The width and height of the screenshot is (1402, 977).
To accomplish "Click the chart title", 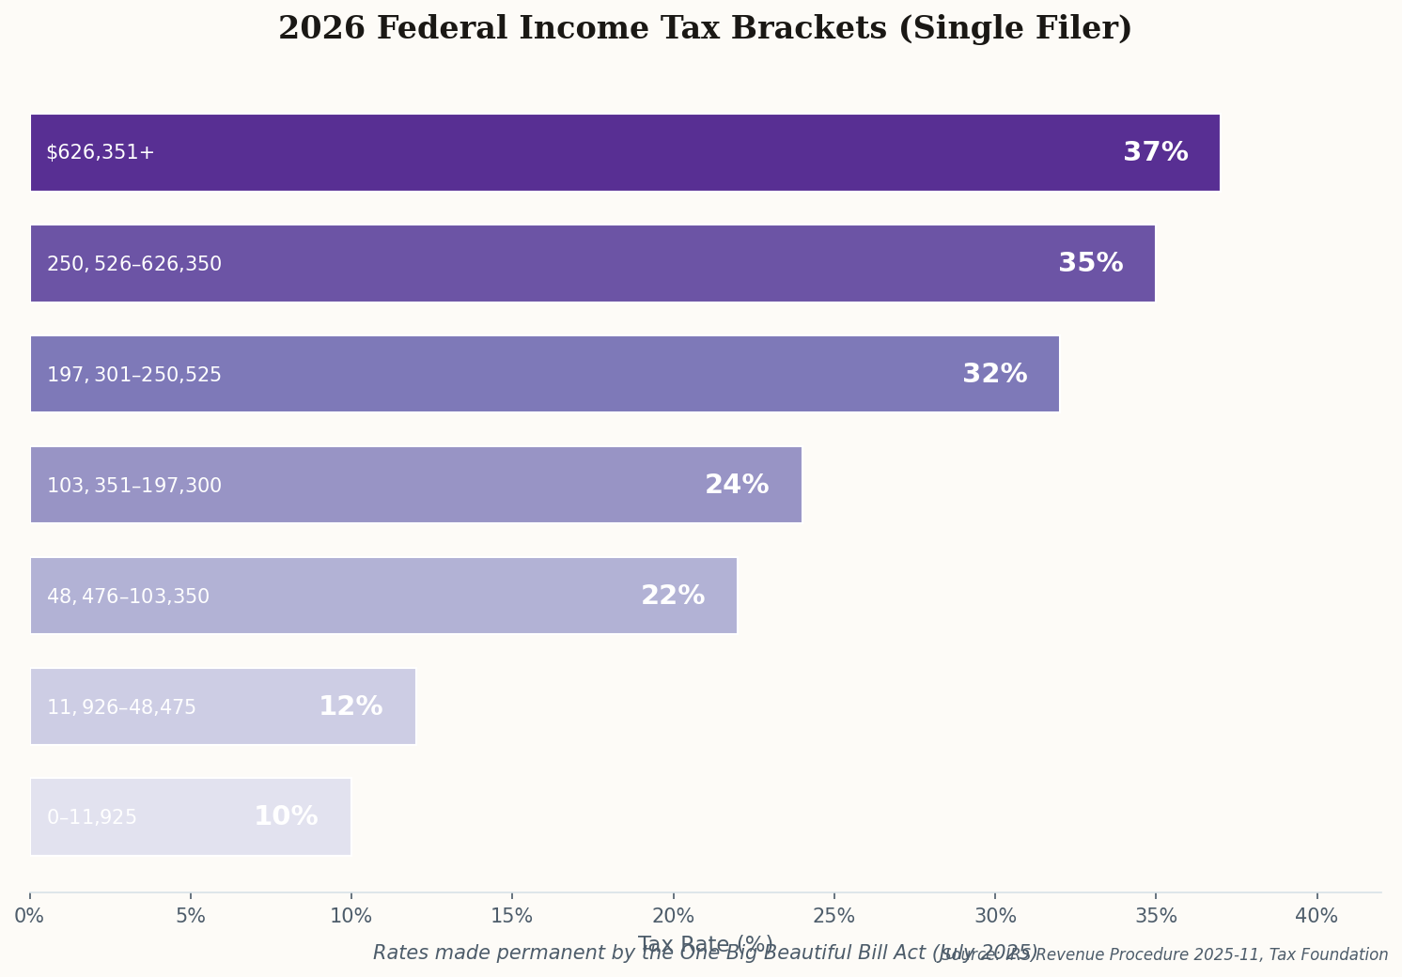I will [x=705, y=29].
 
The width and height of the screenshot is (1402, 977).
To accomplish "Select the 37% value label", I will [x=1155, y=152].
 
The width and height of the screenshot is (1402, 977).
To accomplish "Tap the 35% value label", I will [x=1090, y=263].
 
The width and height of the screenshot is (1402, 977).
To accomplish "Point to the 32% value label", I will [x=994, y=374].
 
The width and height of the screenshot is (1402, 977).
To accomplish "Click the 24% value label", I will [x=737, y=485].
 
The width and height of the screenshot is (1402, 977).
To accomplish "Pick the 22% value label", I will [x=672, y=596].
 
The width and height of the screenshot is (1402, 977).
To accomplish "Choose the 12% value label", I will [x=350, y=706].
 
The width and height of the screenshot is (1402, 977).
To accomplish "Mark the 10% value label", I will [x=286, y=817].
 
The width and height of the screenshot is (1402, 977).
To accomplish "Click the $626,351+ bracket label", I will [x=100, y=152].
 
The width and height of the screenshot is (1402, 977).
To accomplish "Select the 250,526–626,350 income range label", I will [x=134, y=264].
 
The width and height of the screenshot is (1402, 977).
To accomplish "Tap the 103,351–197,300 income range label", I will [x=134, y=486].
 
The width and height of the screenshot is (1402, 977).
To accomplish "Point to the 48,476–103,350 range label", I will [x=128, y=597].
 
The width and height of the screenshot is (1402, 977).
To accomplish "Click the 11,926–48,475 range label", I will [x=121, y=707].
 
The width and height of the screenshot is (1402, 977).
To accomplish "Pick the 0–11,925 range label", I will [x=92, y=818].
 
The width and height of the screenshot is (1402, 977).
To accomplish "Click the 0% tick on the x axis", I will [x=29, y=916].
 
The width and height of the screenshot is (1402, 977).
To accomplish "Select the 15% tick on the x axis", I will [x=512, y=916].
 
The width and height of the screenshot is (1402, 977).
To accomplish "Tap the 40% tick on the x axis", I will [x=1316, y=916].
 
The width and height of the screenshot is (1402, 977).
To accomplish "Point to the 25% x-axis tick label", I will [x=833, y=916].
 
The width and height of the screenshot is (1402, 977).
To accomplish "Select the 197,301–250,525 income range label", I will [x=134, y=375].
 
